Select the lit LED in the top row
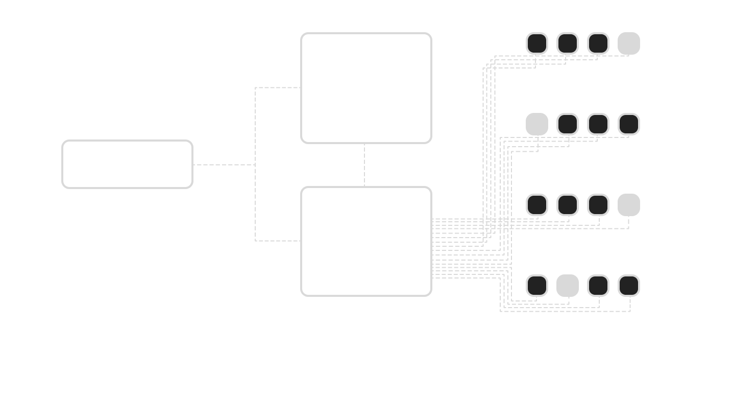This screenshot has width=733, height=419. (x=628, y=43)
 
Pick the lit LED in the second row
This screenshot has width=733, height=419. (x=537, y=124)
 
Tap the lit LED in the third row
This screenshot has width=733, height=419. (x=628, y=205)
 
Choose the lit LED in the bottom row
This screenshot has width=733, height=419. (x=567, y=286)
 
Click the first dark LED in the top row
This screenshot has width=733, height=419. (x=537, y=43)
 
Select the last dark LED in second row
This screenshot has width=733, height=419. (x=628, y=124)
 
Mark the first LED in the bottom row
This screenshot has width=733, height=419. (x=537, y=286)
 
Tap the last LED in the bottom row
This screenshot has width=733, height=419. (x=628, y=286)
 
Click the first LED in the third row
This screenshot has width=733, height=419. (x=537, y=205)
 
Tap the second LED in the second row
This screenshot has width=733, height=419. (x=567, y=124)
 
